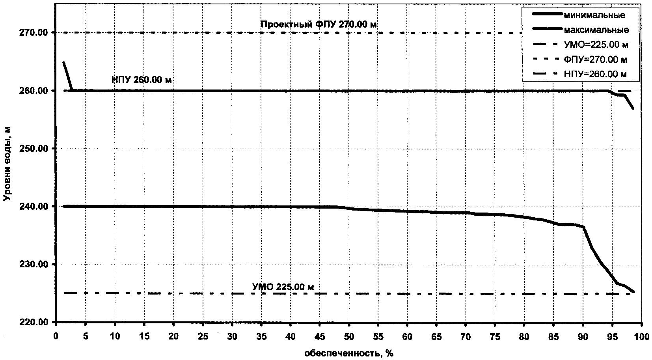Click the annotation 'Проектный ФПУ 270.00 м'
click(x=319, y=24)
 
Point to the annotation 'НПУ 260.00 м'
click(x=142, y=80)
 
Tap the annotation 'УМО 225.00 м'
click(x=283, y=287)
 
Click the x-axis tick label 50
click(x=349, y=336)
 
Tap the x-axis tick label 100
click(x=641, y=336)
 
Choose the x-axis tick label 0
click(x=56, y=336)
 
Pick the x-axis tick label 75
click(x=495, y=336)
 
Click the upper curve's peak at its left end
click(x=64, y=62)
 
